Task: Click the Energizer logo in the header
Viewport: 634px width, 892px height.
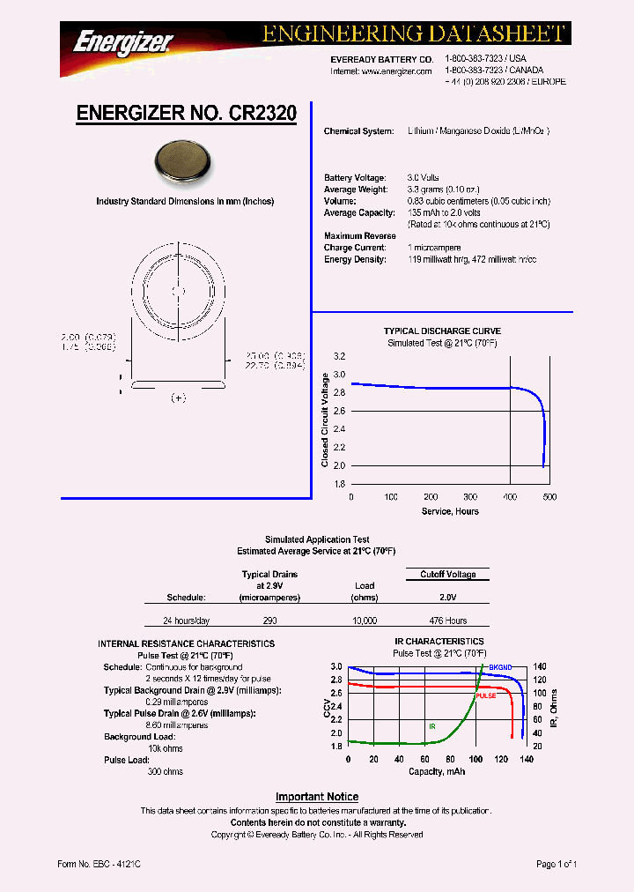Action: tap(124, 41)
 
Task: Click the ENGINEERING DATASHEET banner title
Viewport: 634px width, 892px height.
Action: tap(413, 33)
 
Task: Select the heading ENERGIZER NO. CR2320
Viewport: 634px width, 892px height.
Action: tap(186, 114)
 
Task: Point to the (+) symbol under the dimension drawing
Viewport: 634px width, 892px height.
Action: tap(178, 398)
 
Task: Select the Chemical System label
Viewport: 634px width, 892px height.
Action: tap(358, 131)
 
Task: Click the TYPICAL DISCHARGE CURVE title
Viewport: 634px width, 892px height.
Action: tap(442, 331)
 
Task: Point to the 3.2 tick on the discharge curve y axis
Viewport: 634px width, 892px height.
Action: tap(339, 357)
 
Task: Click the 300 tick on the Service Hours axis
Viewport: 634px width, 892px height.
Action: tap(470, 497)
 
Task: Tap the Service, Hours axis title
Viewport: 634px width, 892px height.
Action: tap(449, 511)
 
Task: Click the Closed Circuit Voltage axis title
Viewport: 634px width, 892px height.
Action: tap(325, 420)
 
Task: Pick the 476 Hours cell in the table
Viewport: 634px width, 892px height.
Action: tap(448, 621)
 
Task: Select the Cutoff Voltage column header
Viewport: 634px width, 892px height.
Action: tap(447, 575)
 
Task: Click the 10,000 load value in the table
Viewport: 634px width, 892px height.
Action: tap(365, 621)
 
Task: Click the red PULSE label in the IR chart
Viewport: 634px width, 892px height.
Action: tap(485, 695)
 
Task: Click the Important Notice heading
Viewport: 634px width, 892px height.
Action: tap(317, 797)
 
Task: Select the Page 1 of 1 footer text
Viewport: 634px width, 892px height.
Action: tap(557, 865)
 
